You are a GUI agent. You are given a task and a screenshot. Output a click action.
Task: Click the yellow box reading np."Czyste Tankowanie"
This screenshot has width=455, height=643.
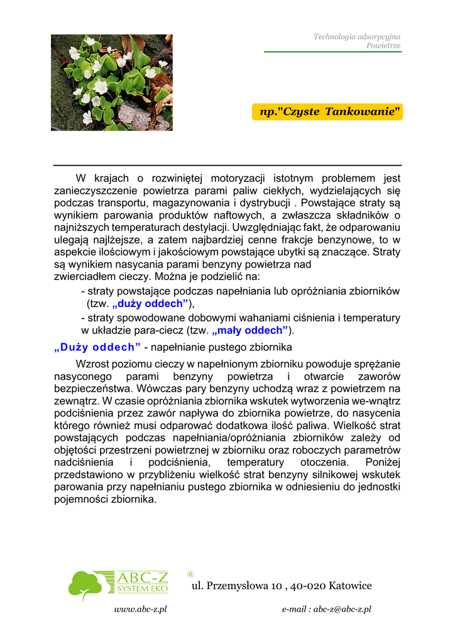(327, 112)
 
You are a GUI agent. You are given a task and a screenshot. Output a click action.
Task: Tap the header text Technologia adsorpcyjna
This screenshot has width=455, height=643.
(357, 37)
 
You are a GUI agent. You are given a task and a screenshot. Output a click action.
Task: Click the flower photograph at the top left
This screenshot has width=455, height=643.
(112, 82)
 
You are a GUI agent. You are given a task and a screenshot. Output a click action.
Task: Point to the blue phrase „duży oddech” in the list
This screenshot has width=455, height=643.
(150, 304)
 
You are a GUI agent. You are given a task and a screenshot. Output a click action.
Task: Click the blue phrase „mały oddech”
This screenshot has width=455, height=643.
(250, 330)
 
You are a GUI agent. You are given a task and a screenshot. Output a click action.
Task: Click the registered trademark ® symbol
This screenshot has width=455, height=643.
(190, 574)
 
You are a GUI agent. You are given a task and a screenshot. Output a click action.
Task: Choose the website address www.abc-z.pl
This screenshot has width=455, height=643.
(140, 609)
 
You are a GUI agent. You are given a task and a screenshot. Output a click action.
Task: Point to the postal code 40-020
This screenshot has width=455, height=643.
(309, 586)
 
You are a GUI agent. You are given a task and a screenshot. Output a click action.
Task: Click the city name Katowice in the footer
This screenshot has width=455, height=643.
(350, 586)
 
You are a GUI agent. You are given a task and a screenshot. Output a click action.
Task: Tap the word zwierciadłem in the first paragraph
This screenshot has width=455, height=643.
(82, 276)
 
